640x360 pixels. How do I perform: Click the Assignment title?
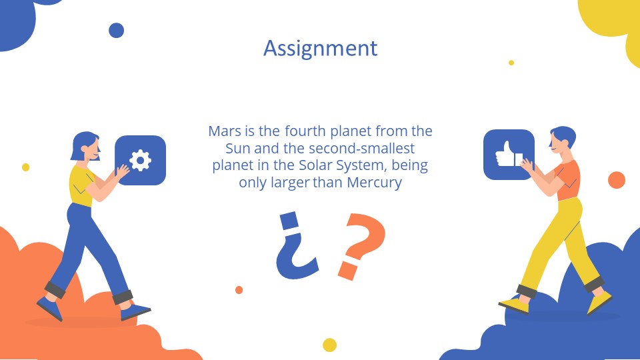320,48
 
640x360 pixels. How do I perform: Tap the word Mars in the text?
224,131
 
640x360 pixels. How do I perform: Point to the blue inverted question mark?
293,247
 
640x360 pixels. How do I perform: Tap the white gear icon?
141,160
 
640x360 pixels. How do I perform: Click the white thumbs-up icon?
508,155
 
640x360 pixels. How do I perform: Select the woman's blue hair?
83,143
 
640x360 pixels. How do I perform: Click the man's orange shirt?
569,178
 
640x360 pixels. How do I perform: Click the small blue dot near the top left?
116,30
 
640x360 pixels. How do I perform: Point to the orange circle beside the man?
617,180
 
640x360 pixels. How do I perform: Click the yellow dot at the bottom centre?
329,345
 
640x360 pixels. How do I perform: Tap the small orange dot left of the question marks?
239,290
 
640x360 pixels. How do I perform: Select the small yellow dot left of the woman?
25,167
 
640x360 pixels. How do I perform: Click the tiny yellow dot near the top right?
511,63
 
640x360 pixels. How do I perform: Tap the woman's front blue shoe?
136,311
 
